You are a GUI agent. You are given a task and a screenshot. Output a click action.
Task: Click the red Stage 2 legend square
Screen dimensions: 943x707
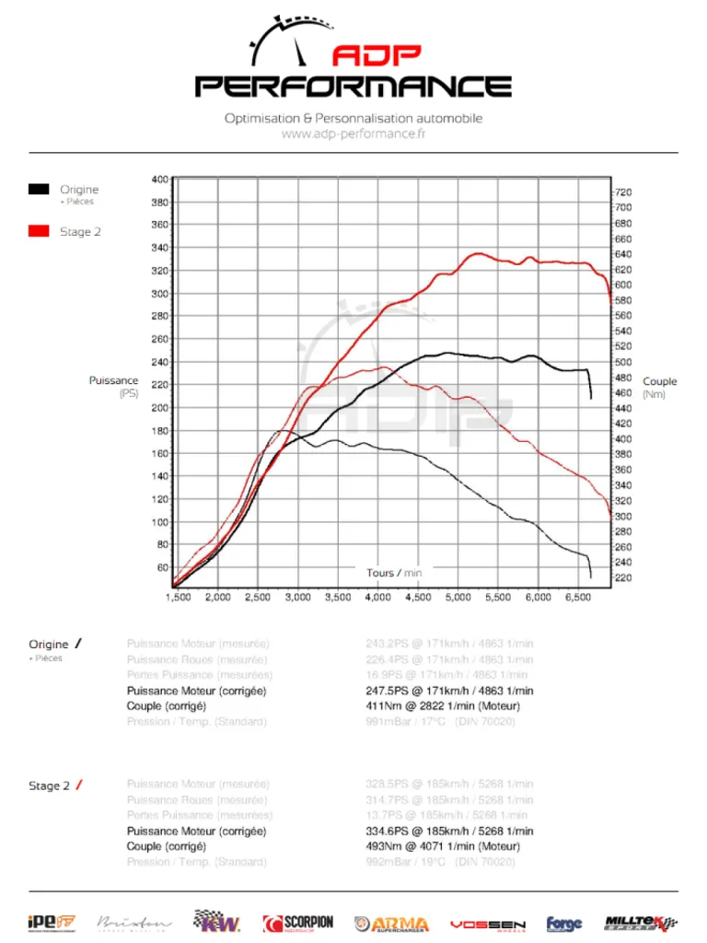pyautogui.click(x=39, y=231)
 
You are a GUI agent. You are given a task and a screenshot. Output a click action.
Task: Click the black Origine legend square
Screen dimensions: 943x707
pyautogui.click(x=39, y=190)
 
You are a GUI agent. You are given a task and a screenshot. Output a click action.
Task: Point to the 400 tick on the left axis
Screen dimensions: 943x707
pyautogui.click(x=160, y=179)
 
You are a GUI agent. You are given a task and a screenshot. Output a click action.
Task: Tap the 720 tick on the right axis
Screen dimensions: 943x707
pyautogui.click(x=622, y=192)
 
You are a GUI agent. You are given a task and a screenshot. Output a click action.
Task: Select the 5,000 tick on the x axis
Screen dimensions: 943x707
pyautogui.click(x=458, y=598)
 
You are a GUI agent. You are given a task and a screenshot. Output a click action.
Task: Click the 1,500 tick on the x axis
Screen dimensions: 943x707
pyautogui.click(x=178, y=598)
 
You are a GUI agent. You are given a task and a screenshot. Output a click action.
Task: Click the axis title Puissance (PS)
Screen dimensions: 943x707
pyautogui.click(x=114, y=387)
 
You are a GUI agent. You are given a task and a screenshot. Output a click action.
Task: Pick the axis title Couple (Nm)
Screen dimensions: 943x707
pyautogui.click(x=659, y=387)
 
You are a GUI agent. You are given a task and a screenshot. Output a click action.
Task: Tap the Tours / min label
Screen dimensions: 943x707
pyautogui.click(x=394, y=573)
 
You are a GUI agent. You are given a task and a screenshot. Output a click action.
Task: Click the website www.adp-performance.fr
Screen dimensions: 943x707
pyautogui.click(x=353, y=134)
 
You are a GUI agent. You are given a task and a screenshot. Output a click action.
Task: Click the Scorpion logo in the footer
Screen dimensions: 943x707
pyautogui.click(x=298, y=923)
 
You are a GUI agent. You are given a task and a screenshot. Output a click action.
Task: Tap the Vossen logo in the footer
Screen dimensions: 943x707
pyautogui.click(x=488, y=924)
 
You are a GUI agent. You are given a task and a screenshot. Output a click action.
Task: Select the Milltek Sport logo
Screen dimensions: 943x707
pyautogui.click(x=642, y=923)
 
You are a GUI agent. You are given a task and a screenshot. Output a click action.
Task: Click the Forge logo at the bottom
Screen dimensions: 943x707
pyautogui.click(x=564, y=924)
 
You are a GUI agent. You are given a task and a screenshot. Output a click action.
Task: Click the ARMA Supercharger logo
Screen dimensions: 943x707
pyautogui.click(x=392, y=924)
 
